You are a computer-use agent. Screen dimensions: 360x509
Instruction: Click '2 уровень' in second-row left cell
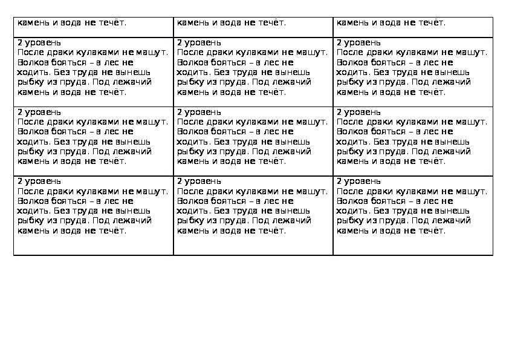[x=39, y=43]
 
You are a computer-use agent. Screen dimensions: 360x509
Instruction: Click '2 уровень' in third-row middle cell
[x=199, y=112]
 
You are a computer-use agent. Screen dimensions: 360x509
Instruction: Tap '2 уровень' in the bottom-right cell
[x=358, y=181]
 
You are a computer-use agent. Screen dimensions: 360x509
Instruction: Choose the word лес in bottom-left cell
[x=109, y=201]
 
